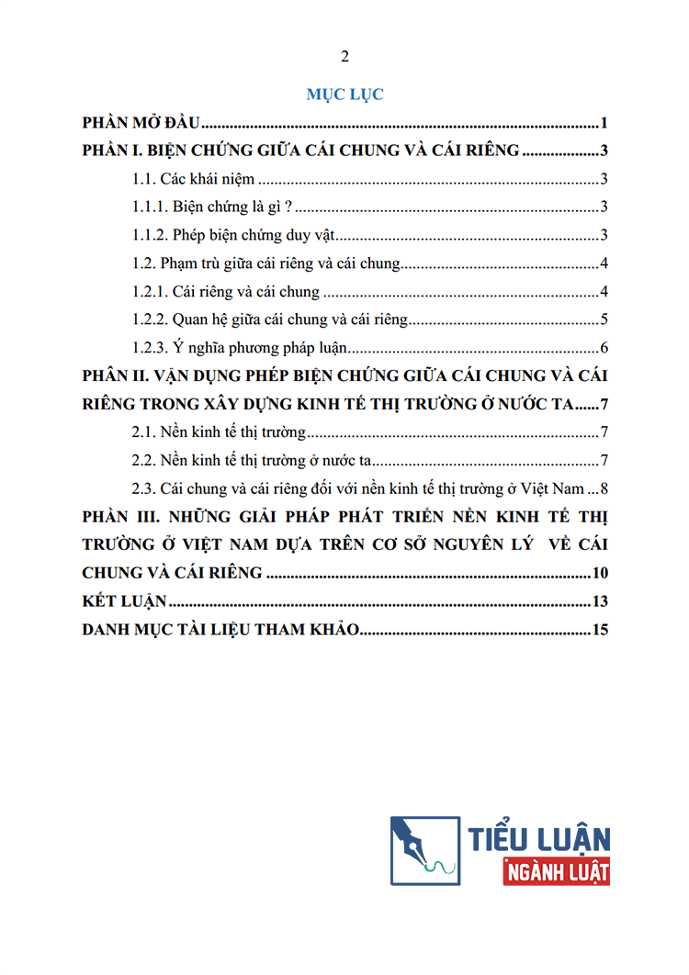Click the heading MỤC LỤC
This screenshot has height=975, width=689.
pos(344,94)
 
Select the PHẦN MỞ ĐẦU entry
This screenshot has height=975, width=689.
pos(141,124)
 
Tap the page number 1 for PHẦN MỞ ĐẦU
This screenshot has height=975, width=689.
pos(606,124)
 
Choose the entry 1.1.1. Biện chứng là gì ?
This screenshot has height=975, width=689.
pos(212,207)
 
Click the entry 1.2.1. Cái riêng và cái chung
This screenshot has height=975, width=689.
pos(226,292)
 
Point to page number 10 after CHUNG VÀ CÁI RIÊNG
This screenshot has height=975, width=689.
pos(601,574)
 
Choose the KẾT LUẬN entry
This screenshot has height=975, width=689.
pos(124,602)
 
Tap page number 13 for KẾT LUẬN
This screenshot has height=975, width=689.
pos(601,602)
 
